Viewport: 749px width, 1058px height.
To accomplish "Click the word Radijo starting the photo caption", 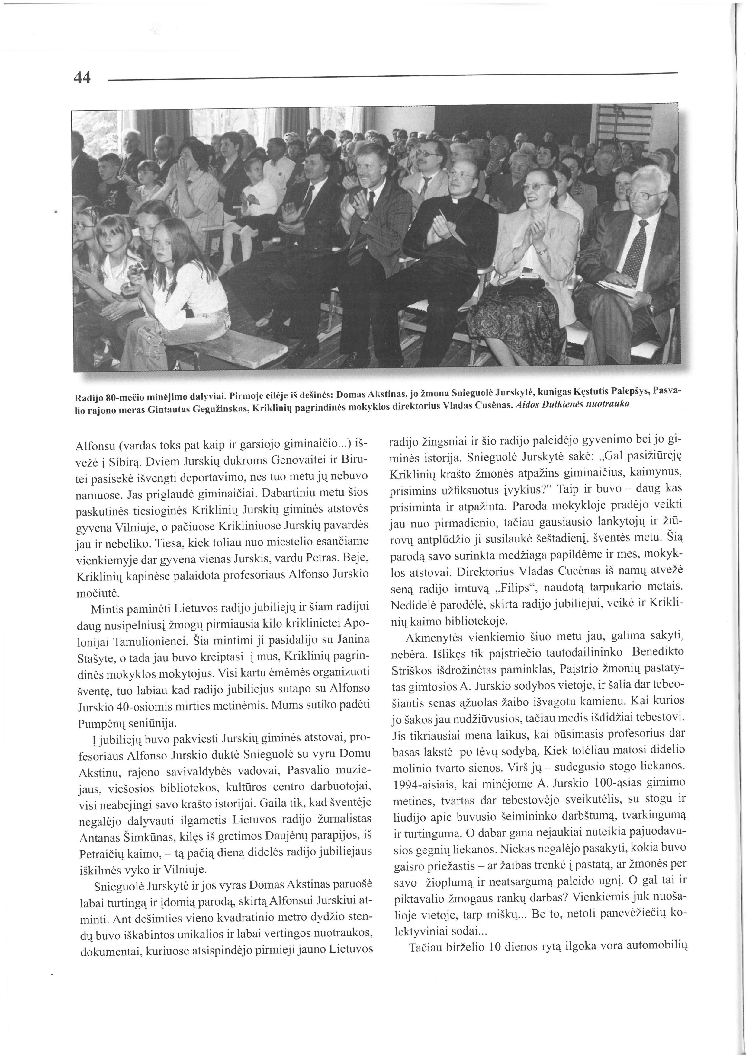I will point(89,396).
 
